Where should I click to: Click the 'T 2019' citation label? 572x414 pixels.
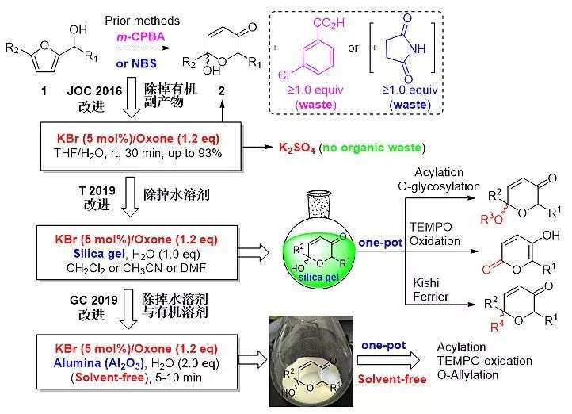tap(86, 197)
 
